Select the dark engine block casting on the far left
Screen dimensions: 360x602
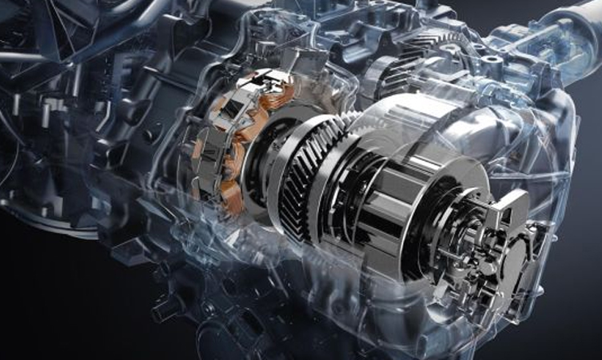[x=48, y=160]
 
